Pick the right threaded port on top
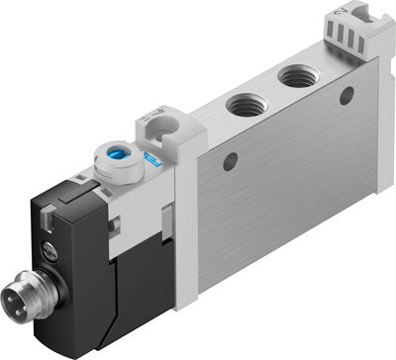point(295,75)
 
